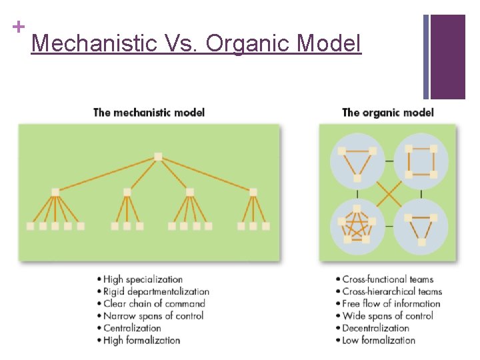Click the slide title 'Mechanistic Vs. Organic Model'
(196, 44)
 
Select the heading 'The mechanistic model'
(149, 112)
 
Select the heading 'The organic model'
(387, 112)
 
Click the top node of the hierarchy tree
(158, 157)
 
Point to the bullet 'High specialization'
(143, 279)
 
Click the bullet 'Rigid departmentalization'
(156, 291)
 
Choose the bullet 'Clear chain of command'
(154, 303)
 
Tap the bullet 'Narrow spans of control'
(153, 315)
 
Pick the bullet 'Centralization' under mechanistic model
(132, 328)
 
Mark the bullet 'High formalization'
(141, 340)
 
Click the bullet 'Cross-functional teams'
(387, 279)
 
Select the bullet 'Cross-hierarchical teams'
(392, 291)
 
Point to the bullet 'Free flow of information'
(391, 303)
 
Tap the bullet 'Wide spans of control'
(387, 315)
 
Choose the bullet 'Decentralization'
(375, 328)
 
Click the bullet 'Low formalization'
(379, 340)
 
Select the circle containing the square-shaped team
(421, 161)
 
